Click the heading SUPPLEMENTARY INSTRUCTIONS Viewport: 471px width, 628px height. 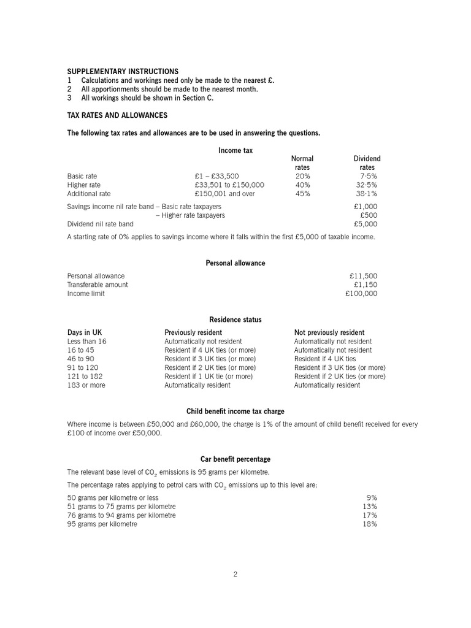click(x=123, y=72)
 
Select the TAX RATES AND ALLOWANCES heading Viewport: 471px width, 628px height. click(x=117, y=115)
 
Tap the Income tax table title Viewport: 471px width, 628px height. click(x=235, y=150)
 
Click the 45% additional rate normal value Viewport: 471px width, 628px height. click(x=302, y=194)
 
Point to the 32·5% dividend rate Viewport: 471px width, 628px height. click(x=366, y=185)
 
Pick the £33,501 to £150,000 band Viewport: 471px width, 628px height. click(x=229, y=185)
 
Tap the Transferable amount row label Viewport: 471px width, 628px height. click(x=98, y=285)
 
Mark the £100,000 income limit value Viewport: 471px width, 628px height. click(x=361, y=293)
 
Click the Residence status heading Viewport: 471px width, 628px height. click(x=235, y=320)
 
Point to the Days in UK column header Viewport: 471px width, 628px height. click(x=85, y=332)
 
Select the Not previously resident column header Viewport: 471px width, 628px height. click(x=329, y=332)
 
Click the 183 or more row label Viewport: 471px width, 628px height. click(x=86, y=385)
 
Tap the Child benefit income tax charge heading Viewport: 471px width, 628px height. click(x=235, y=412)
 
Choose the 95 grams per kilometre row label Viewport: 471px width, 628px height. click(x=102, y=524)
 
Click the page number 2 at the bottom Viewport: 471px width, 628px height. click(x=235, y=574)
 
